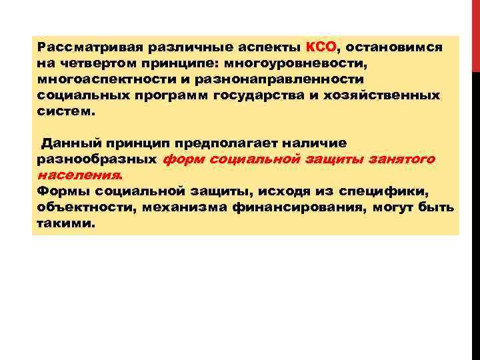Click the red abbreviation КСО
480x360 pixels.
pyautogui.click(x=322, y=48)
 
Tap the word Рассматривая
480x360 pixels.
pyautogui.click(x=81, y=49)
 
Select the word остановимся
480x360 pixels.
pyautogui.click(x=394, y=49)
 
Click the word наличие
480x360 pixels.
pyautogui.click(x=316, y=143)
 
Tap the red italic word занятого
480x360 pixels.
pyautogui.click(x=404, y=159)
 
